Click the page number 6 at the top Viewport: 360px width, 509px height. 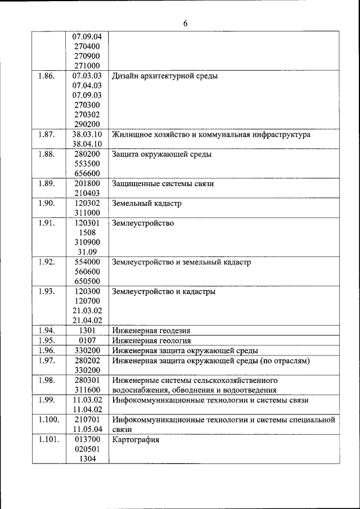click(184, 23)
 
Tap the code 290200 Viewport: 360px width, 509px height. click(87, 124)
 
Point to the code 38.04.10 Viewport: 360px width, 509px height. click(87, 145)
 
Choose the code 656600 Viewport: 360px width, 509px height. click(87, 173)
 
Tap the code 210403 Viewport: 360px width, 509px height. click(87, 193)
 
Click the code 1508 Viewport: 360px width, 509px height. click(87, 232)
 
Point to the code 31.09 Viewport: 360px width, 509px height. click(87, 252)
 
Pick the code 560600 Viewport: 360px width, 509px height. click(87, 272)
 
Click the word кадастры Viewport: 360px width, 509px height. click(200, 291)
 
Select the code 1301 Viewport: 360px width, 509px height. click(87, 331)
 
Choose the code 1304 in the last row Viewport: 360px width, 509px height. click(87, 459)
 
